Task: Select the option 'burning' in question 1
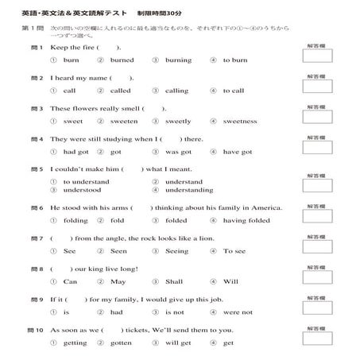(178, 60)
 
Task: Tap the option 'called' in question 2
(121, 91)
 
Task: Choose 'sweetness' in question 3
(239, 121)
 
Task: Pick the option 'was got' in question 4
(178, 152)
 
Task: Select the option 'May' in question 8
(118, 281)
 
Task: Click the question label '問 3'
(36, 109)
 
